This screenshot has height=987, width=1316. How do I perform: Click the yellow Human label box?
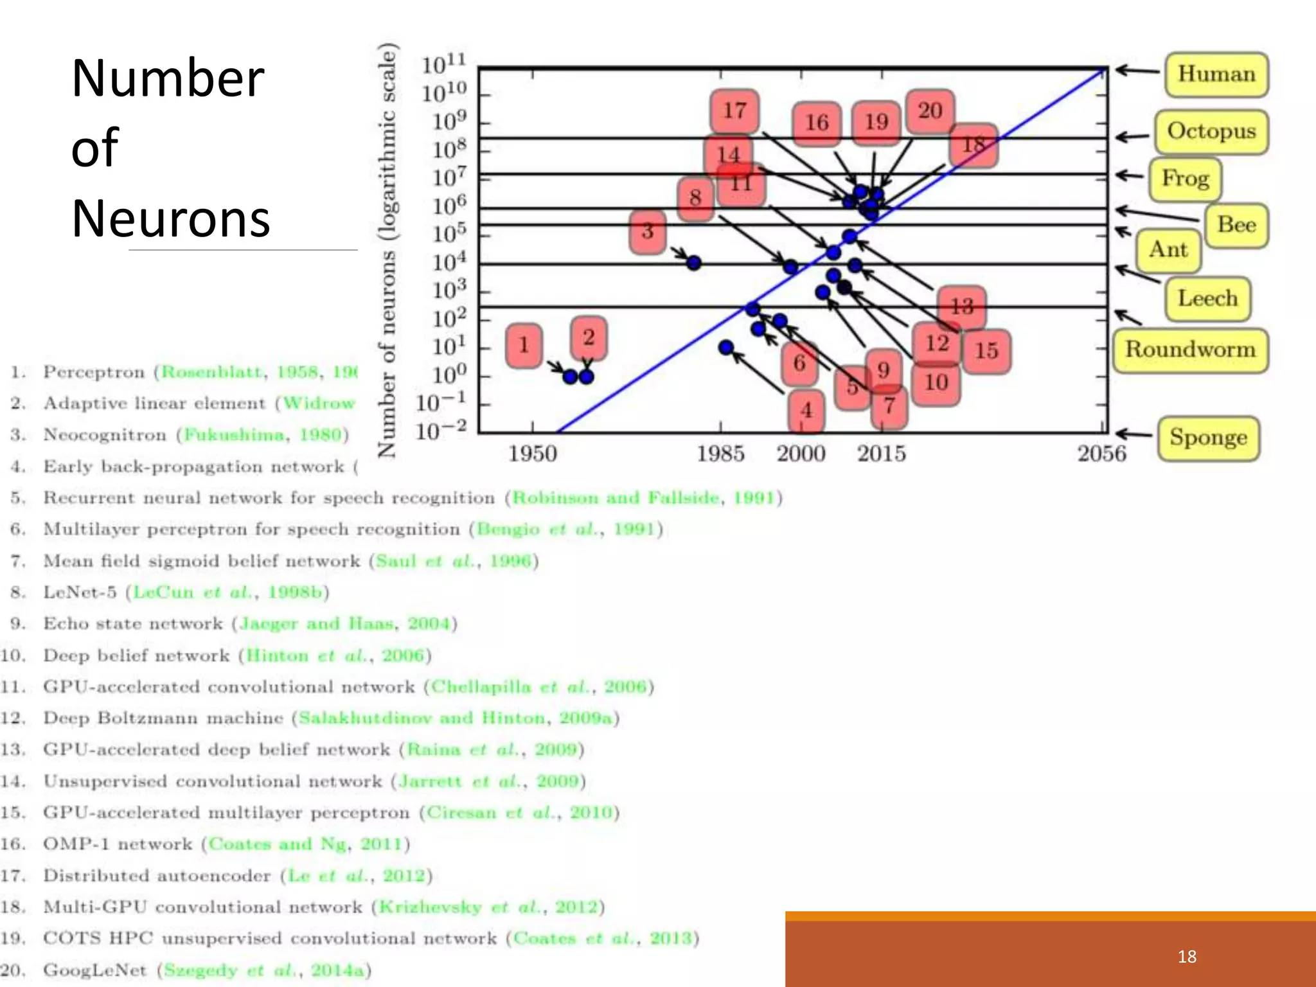click(1216, 75)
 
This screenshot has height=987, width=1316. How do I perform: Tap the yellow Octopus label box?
click(1211, 132)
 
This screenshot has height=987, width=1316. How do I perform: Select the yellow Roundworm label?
click(1190, 350)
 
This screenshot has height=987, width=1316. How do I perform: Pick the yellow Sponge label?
click(1208, 438)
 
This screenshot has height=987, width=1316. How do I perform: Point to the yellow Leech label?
click(1207, 299)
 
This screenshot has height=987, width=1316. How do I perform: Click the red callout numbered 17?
click(734, 111)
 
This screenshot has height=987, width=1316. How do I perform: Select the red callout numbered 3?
click(647, 231)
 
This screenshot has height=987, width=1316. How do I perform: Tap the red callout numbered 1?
click(524, 346)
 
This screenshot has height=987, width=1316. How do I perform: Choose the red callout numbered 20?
click(930, 111)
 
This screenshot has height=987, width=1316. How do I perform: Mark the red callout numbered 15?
click(986, 351)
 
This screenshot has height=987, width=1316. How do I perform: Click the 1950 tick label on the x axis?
click(532, 454)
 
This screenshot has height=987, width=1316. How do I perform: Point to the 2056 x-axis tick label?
click(1101, 454)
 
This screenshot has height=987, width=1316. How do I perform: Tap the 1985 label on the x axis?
click(720, 454)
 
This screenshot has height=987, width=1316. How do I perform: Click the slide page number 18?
click(1187, 957)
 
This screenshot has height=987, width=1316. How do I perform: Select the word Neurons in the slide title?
click(170, 219)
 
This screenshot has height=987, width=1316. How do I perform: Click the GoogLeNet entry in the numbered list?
click(94, 970)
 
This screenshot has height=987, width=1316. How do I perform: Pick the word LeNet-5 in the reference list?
click(80, 592)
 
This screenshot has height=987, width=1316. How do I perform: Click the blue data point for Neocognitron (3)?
click(694, 263)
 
